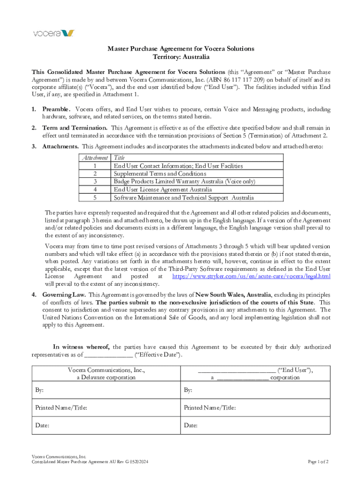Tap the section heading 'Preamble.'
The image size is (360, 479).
(x=56, y=109)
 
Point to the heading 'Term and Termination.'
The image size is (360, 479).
(x=75, y=128)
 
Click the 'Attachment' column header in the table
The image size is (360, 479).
(x=95, y=158)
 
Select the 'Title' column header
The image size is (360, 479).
(x=119, y=158)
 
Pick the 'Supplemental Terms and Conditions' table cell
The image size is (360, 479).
(x=160, y=174)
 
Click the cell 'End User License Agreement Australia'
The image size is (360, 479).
(x=163, y=189)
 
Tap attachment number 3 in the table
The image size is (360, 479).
(x=95, y=181)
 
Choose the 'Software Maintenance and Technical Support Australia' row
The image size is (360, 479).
(x=184, y=197)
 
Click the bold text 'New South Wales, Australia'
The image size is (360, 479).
(x=233, y=295)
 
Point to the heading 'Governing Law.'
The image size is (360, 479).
(x=64, y=295)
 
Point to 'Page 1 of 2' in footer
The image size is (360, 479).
(x=318, y=462)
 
